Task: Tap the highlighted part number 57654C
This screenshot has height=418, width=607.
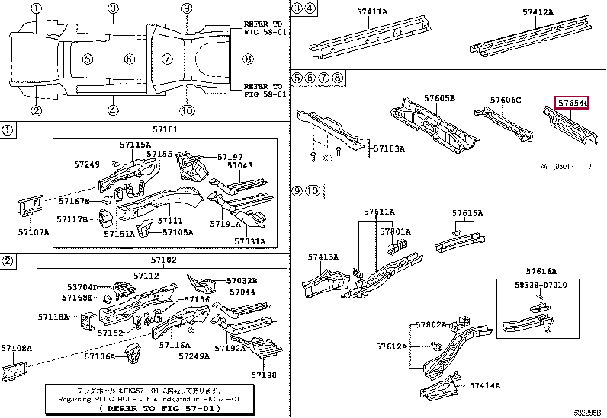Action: (x=571, y=103)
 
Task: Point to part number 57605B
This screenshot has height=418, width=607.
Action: (x=439, y=99)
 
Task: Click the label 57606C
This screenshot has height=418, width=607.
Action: (x=506, y=101)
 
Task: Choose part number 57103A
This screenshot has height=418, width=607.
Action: (x=389, y=148)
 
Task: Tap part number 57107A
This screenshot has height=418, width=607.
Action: (x=34, y=231)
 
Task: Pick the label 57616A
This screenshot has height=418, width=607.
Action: (x=541, y=271)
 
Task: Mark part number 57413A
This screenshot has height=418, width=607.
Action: (x=323, y=257)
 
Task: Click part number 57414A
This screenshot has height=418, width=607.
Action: (x=485, y=386)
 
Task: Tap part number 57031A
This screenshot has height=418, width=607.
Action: (x=250, y=242)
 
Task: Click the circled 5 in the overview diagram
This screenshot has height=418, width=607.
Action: (x=88, y=59)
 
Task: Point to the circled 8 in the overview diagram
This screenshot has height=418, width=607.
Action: (x=249, y=59)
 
